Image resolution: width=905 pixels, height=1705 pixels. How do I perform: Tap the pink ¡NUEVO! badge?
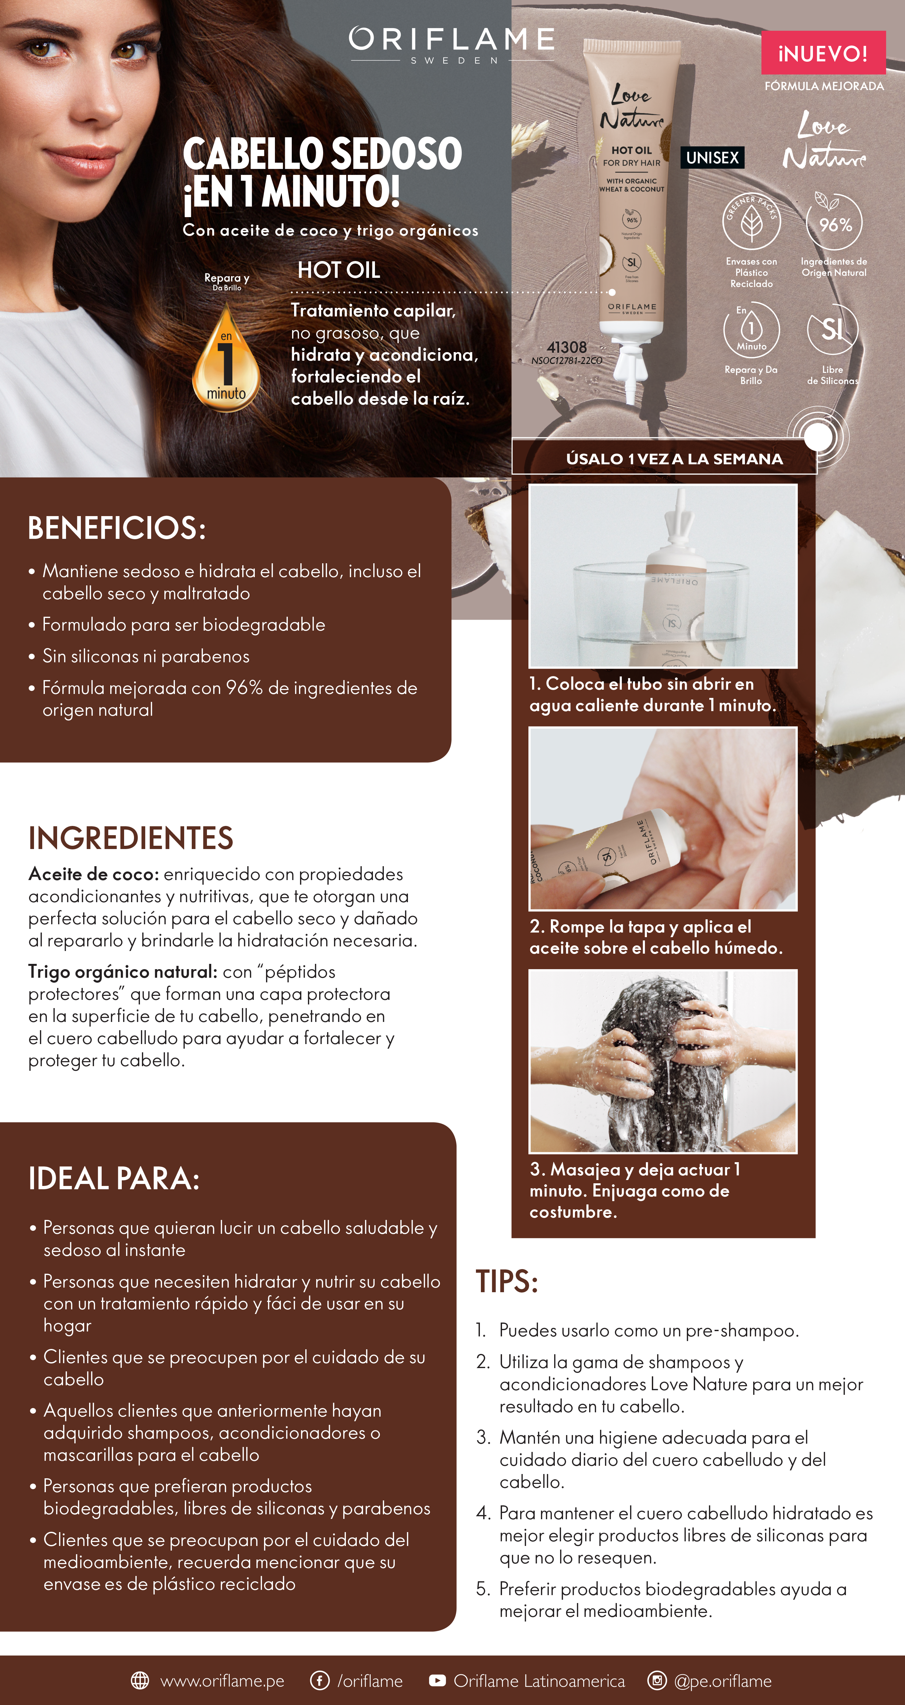[x=823, y=53]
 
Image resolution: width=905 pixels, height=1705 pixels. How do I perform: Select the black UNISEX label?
[x=712, y=157]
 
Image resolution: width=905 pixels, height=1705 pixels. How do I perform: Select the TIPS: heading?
[x=507, y=1281]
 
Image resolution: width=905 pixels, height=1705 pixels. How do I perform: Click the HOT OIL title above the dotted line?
[x=339, y=270]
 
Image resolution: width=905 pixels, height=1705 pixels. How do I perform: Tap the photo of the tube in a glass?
[x=663, y=576]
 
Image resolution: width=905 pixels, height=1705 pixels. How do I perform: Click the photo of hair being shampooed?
[x=663, y=1061]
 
